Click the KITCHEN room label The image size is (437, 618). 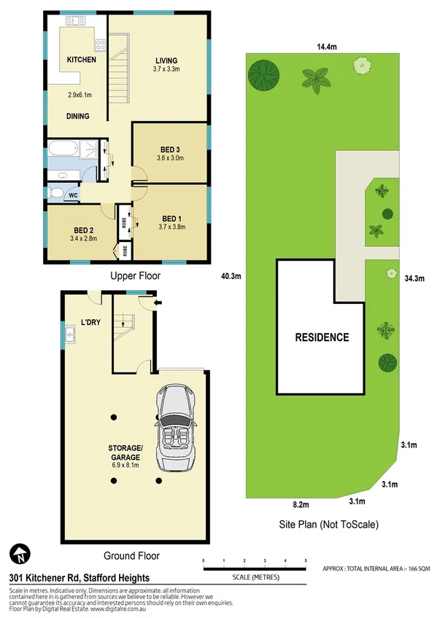coord(82,60)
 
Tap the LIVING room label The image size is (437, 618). coord(166,60)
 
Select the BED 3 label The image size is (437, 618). coord(169,149)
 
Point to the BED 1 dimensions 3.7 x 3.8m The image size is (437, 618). coord(171,227)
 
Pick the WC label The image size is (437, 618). coord(73,196)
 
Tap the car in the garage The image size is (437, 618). coord(176,426)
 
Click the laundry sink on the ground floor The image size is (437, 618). coord(71,335)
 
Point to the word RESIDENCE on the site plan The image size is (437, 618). coord(322,337)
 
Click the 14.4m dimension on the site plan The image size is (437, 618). coord(327,47)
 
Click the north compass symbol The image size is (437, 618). coord(20,553)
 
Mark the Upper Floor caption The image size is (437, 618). coord(134,276)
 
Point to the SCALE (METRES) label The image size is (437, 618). coord(254,577)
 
